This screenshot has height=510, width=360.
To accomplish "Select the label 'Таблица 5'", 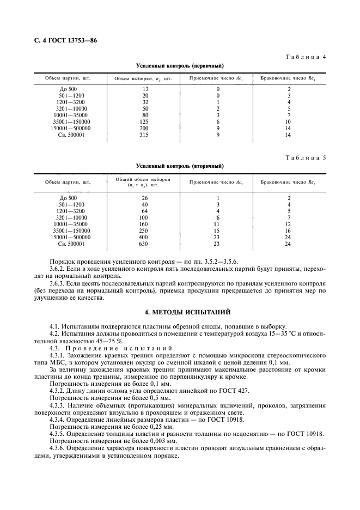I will [x=305, y=158].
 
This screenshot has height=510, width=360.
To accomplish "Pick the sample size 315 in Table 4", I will [x=145, y=135].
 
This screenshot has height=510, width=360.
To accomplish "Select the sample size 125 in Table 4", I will [x=145, y=122].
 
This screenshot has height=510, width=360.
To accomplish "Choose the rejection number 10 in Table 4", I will [x=289, y=122].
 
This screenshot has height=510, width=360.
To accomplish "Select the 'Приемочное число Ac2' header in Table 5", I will [x=216, y=183].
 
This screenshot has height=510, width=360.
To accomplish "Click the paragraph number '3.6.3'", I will [x=58, y=284].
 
